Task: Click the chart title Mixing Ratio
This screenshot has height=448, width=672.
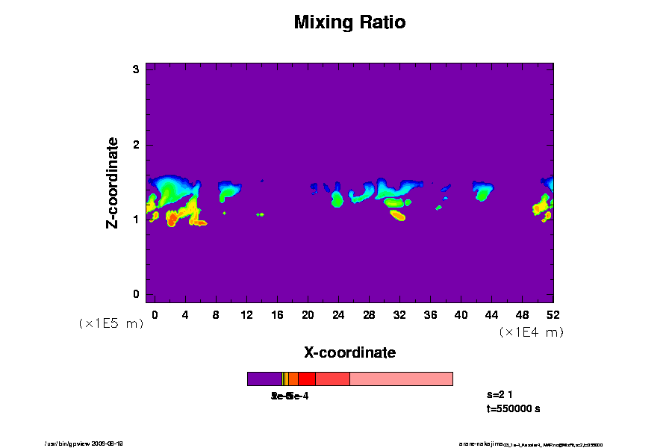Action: [x=349, y=22]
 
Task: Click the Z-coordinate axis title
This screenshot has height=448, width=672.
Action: [x=113, y=182]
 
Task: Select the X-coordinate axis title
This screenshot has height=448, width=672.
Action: [x=349, y=352]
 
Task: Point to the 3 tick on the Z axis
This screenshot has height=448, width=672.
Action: [x=137, y=69]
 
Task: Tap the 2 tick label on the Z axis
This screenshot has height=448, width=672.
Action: [x=137, y=145]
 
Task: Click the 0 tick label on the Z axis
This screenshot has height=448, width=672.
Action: [x=137, y=294]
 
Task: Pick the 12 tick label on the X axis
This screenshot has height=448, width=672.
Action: [x=246, y=314]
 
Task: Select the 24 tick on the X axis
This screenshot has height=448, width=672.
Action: [x=338, y=314]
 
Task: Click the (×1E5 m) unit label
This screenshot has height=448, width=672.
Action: [x=111, y=323]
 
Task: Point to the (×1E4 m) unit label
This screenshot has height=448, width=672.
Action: [x=531, y=332]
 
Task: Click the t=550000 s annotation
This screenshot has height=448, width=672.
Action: [x=513, y=409]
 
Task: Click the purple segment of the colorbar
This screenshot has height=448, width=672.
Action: [x=264, y=379]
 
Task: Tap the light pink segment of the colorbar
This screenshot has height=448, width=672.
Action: [x=401, y=379]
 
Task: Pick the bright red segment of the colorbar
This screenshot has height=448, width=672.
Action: [x=306, y=379]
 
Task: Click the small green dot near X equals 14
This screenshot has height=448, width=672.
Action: [x=260, y=214]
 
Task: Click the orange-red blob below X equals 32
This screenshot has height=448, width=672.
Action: [x=397, y=216]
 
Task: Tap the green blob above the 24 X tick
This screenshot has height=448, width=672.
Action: [x=337, y=200]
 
